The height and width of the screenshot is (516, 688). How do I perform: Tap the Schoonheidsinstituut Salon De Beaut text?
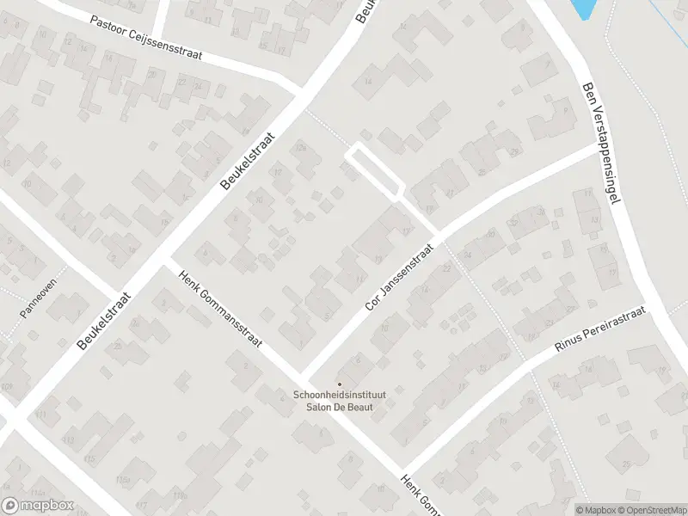[x=339, y=402]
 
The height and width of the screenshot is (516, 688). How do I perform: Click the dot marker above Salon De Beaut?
[x=339, y=384]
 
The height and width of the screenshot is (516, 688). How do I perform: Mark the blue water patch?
[x=582, y=9]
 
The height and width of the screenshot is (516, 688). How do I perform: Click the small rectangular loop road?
[x=374, y=171]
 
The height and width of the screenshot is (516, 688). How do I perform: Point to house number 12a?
[x=301, y=149]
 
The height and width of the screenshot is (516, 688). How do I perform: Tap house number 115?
[x=90, y=459]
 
